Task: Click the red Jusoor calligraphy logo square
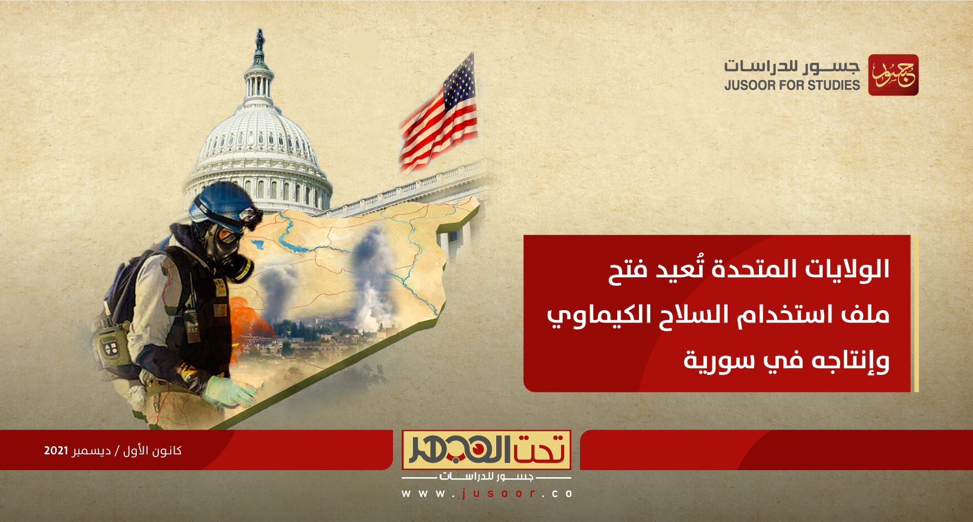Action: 893,75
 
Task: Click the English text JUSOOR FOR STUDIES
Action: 791,85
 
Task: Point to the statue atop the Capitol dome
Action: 260,40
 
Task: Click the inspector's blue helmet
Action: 222,203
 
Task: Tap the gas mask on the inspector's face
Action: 230,251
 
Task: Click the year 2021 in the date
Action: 56,451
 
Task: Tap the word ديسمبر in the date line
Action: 91,451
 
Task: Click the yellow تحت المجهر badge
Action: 486,450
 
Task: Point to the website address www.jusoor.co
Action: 486,493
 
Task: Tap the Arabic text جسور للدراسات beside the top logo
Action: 791,66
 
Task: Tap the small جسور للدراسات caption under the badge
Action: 486,477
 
